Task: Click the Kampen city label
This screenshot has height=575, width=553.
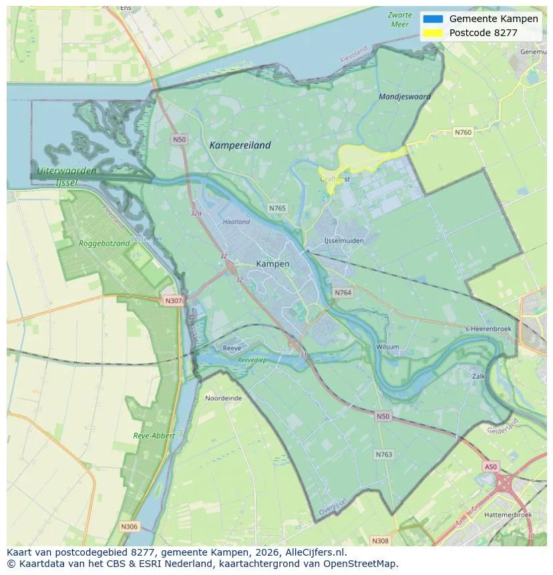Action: tap(272, 264)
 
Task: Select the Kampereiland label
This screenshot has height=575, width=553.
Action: tap(240, 145)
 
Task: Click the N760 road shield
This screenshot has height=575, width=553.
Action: tap(462, 132)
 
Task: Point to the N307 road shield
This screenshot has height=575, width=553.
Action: tap(173, 301)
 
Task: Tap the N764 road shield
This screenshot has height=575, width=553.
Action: tap(343, 293)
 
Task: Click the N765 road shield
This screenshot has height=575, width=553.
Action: tap(277, 208)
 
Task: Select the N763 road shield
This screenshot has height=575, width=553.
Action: tap(383, 454)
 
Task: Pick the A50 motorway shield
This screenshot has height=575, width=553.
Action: tap(491, 467)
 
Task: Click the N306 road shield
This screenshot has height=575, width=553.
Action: tap(129, 526)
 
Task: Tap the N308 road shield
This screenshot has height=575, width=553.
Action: tap(379, 540)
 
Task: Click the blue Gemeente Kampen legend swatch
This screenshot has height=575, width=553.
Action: tap(433, 19)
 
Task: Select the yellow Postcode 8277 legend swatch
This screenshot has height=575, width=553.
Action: tap(433, 33)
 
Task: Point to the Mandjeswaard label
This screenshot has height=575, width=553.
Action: tap(404, 96)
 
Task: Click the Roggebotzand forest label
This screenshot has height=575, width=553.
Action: tap(104, 243)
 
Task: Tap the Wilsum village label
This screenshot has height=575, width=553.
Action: tap(387, 347)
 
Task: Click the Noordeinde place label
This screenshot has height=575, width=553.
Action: tap(224, 397)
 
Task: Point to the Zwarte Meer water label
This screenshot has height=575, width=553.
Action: tap(399, 19)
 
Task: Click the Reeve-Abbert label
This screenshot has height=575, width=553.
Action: tap(154, 435)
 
